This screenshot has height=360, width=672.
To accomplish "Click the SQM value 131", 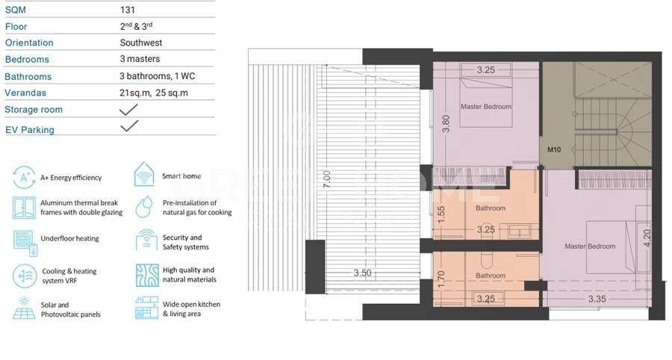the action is point(128,10).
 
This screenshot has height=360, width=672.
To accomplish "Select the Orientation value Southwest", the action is point(141,43).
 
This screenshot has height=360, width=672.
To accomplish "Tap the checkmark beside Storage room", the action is point(128,109).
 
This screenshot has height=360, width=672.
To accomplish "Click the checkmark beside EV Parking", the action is point(129,126).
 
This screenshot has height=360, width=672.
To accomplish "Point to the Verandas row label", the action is point(25,93).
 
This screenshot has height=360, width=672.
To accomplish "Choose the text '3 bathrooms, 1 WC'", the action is point(158,76).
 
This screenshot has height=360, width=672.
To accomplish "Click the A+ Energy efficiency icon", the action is point(24,178).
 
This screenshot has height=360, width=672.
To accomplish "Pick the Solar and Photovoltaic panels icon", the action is point(24,308).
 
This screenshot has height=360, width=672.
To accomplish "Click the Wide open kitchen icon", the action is point(146,308).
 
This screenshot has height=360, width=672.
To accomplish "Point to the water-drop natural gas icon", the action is point(144,207).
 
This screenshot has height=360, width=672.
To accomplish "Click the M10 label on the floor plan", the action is point(554,149).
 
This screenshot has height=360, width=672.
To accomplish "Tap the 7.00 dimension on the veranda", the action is point(327,179).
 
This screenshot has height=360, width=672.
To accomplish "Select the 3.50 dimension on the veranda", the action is point(363,273).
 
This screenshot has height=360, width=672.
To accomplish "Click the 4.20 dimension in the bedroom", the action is point(647,238).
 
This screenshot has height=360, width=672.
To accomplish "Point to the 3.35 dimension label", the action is point(597,300).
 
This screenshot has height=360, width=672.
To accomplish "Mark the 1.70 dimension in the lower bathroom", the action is point(441,279).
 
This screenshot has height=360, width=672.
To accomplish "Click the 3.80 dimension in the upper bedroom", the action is point(446,124).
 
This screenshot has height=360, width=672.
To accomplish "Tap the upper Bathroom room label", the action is point(491,208).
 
